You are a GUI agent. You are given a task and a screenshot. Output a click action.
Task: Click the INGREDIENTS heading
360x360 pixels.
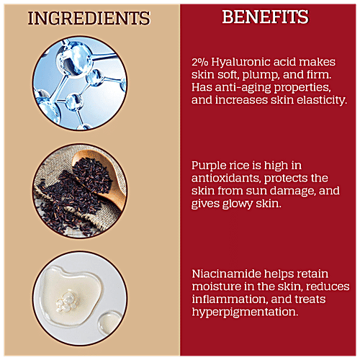(89, 18)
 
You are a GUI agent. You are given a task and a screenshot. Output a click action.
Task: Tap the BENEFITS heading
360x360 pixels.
(265, 17)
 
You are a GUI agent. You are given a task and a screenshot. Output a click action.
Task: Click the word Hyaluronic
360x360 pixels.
(241, 63)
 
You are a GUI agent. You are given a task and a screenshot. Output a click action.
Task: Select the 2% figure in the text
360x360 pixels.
(200, 62)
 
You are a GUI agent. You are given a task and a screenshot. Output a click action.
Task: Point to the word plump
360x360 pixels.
(261, 75)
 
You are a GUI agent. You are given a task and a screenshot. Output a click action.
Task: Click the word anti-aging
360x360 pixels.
(243, 88)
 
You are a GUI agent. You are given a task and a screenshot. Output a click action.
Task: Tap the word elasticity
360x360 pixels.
(322, 100)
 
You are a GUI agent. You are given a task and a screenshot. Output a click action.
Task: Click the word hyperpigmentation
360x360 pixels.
(245, 312)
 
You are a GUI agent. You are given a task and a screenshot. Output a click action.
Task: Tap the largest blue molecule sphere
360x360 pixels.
(75, 59)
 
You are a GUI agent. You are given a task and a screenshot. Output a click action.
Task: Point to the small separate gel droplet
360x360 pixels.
(109, 323)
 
